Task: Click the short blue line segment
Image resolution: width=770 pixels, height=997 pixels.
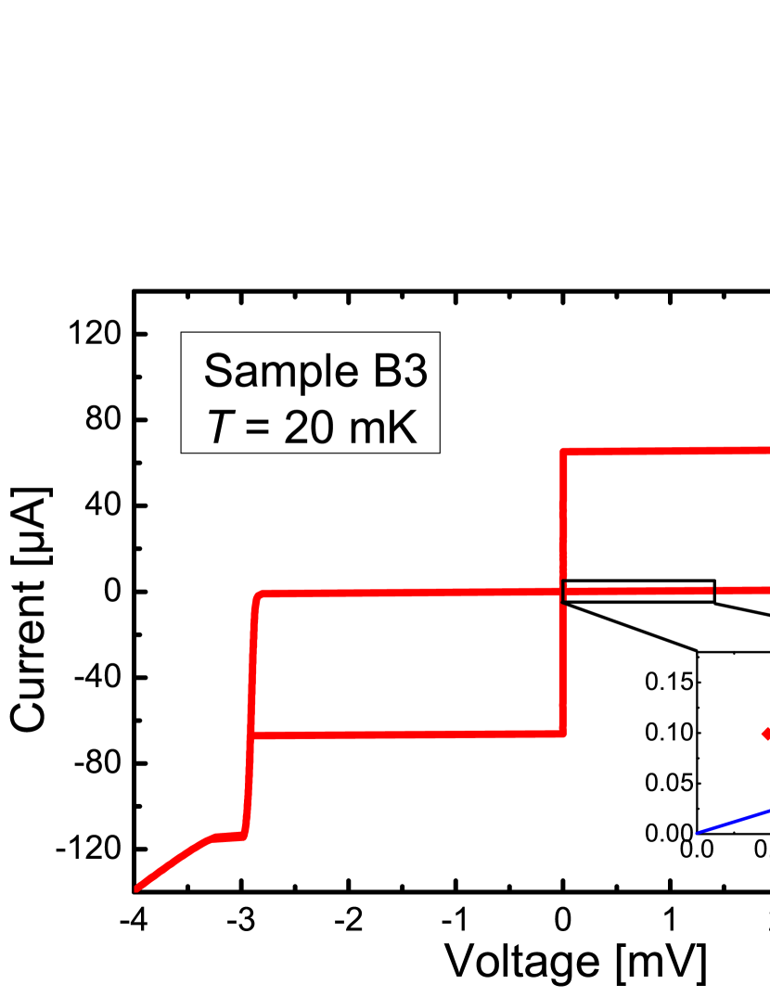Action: tap(733, 822)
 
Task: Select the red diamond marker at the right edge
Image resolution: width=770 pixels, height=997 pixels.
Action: tap(765, 734)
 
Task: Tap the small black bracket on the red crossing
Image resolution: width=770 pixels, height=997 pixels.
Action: tap(564, 592)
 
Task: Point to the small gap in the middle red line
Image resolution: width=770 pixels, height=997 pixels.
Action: tap(713, 590)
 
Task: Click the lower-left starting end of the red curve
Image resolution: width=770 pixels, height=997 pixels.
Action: tap(138, 888)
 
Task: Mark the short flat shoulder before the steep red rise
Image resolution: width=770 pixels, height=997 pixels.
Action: tap(229, 837)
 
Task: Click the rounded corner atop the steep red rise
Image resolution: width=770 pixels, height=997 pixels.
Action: tap(260, 594)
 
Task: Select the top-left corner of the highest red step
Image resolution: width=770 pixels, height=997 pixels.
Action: tap(563, 452)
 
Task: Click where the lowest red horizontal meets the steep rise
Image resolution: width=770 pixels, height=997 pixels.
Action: tap(252, 736)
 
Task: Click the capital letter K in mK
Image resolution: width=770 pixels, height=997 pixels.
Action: tap(404, 428)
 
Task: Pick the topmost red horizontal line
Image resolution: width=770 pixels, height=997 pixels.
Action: tap(668, 451)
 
